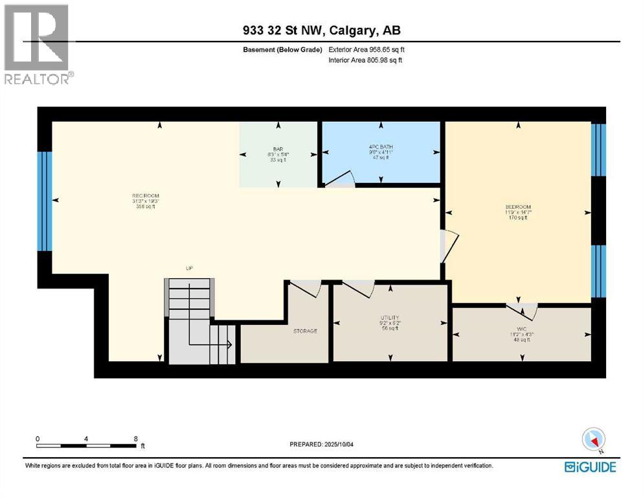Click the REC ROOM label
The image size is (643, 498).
pos(146,196)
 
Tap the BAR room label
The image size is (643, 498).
pos(278,149)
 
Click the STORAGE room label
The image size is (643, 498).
pos(305,331)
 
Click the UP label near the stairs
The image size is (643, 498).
pos(189,268)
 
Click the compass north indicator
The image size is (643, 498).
pos(593,441)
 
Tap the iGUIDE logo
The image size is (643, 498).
pos(590,467)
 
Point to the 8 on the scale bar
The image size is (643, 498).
pos(135,439)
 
